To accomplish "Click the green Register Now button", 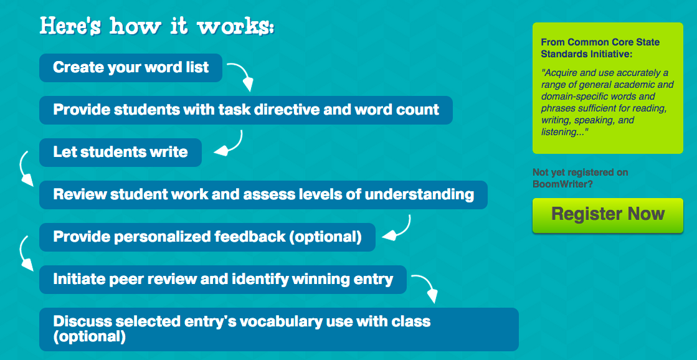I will point(607,215).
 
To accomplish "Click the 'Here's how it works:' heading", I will point(157,27).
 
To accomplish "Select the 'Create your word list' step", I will point(131,68).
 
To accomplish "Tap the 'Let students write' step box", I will point(120,153).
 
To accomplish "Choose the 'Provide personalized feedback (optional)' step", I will point(207,237).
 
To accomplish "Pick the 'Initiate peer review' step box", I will point(222,280).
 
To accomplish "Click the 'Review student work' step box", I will point(263,195).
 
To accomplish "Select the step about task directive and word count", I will point(245,110).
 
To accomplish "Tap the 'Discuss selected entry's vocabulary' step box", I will point(278,329).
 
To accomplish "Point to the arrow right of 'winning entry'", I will point(425,287).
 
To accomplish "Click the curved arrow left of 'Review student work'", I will point(25,168).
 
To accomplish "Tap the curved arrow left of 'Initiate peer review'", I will point(25,253).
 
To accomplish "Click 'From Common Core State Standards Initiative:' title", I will point(600,47).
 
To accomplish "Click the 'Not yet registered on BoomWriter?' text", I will point(581,178).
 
